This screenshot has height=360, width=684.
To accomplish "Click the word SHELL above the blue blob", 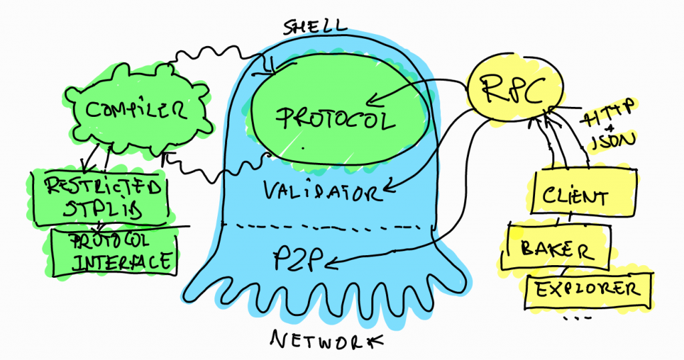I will (x=316, y=27).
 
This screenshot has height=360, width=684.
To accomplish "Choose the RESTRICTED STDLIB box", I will (x=99, y=197).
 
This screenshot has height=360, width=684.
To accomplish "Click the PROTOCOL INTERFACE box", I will (x=118, y=250).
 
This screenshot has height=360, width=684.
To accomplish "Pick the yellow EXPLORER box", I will (x=588, y=289).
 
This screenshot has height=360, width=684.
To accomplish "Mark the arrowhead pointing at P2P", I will (x=333, y=266).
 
